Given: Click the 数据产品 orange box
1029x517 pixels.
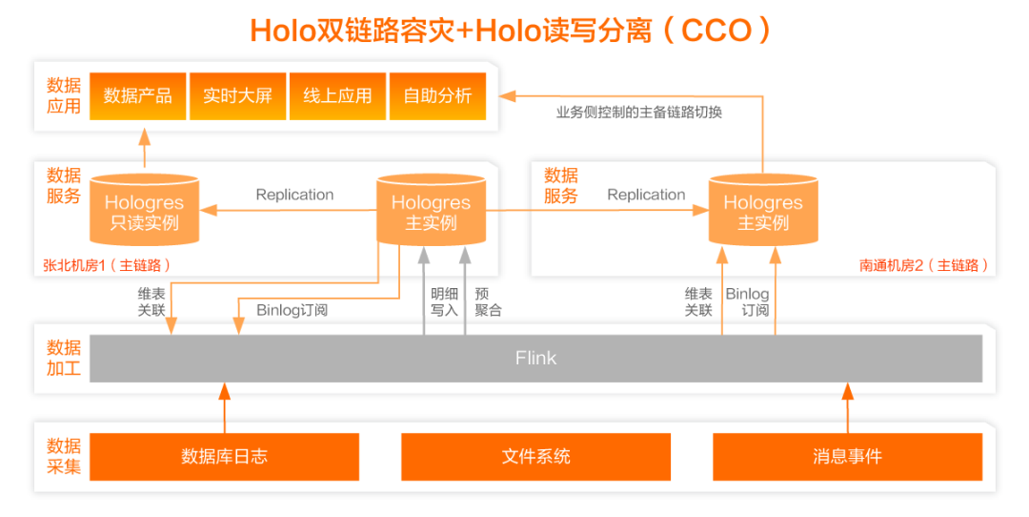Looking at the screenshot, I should [x=138, y=96].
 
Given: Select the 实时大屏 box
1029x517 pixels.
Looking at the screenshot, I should [x=237, y=96].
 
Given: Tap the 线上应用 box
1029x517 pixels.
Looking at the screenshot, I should [x=337, y=96].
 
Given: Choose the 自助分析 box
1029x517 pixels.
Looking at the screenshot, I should [x=437, y=96].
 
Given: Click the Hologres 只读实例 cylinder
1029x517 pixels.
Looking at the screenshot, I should [x=144, y=212].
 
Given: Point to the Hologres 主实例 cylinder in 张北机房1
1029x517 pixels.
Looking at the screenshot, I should [x=431, y=212].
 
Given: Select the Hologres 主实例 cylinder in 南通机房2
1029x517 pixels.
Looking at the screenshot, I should [x=762, y=212].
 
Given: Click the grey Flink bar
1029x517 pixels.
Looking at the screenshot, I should [x=535, y=359].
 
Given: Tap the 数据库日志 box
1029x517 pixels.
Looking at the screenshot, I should [x=225, y=456].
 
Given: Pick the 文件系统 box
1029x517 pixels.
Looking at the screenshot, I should [x=535, y=456].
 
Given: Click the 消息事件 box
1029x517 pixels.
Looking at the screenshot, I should [x=847, y=456].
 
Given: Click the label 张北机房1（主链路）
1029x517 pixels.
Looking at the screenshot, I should [x=107, y=265].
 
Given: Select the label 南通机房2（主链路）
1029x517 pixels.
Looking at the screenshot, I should [x=923, y=265].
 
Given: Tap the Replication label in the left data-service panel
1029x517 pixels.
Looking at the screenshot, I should [x=294, y=195].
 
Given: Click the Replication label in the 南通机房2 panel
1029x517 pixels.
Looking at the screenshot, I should [x=646, y=195].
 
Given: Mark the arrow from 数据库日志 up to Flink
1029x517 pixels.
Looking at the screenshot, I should [x=225, y=407].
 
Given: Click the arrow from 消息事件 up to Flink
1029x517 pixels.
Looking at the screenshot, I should [x=847, y=407].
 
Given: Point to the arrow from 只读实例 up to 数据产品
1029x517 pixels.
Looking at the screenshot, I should [x=144, y=147].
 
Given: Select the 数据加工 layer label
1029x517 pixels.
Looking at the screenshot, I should [x=64, y=358].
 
